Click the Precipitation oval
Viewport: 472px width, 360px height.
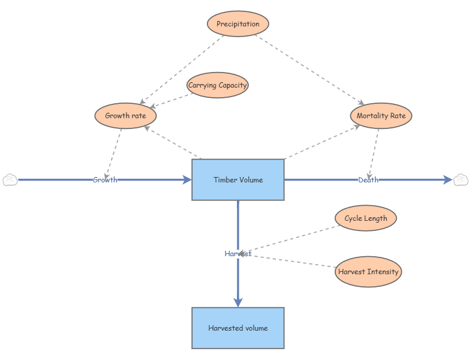tap(238, 24)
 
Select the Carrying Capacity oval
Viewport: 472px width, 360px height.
tap(217, 85)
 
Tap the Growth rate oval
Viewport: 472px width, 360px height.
tap(125, 116)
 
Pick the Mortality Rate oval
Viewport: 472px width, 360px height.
tap(381, 116)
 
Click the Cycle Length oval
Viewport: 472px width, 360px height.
tap(366, 218)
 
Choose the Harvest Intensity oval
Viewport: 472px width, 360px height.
tap(368, 272)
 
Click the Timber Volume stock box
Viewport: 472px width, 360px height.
tap(238, 180)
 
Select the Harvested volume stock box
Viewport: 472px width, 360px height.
tap(238, 328)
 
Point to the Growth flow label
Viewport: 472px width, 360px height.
tap(105, 180)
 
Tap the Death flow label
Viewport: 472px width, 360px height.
tap(368, 180)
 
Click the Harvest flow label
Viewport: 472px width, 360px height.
tap(238, 254)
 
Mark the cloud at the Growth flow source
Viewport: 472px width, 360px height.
tap(10, 180)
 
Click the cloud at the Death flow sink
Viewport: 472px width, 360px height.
tap(461, 180)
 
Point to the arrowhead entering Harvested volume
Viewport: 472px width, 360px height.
tap(238, 302)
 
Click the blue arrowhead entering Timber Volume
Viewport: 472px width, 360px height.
tap(187, 180)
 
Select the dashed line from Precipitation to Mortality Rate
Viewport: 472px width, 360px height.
tap(309, 70)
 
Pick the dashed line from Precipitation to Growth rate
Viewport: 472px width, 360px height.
tap(182, 70)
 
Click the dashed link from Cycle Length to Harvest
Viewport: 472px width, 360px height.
tap(289, 239)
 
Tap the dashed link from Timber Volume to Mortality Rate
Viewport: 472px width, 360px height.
tap(322, 142)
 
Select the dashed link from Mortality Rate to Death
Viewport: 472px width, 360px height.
tap(373, 154)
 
